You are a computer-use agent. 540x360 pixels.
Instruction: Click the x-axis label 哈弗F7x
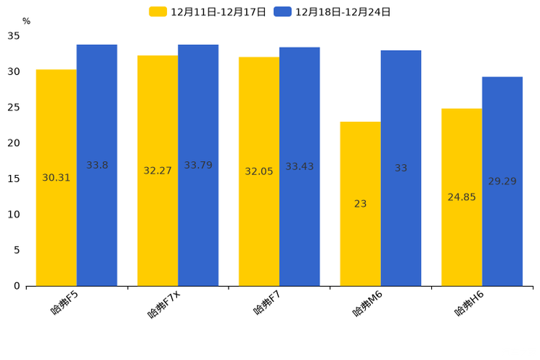tap(164, 303)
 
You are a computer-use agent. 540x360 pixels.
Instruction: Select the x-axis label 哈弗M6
tap(367, 303)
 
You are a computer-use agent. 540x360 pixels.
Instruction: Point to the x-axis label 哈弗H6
tap(469, 303)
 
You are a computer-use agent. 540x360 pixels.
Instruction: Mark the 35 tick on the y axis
tap(14, 36)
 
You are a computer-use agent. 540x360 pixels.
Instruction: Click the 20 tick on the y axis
tap(14, 143)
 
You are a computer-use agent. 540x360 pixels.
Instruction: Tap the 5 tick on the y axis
tap(17, 250)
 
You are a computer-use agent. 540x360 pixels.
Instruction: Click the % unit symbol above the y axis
tap(26, 21)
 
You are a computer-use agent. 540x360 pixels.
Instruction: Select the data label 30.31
tap(57, 178)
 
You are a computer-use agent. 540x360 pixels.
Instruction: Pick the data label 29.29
tap(502, 181)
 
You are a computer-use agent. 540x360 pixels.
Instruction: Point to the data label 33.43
tap(299, 167)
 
